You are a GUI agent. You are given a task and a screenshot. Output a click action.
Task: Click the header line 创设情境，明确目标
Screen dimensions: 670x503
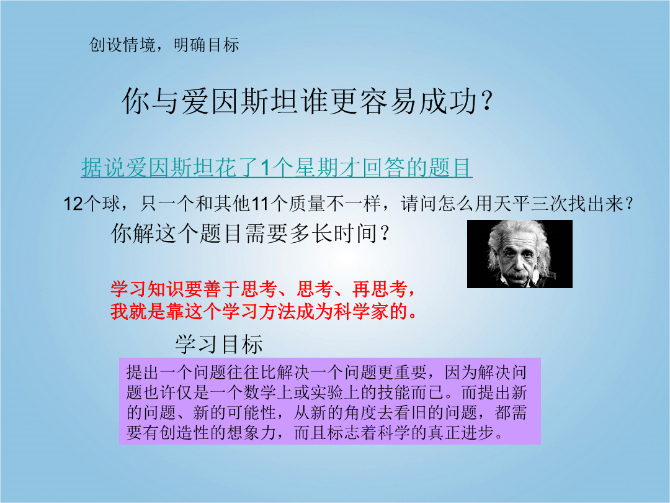coord(164,45)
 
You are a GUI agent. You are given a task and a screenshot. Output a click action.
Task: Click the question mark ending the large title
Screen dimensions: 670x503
coord(487,101)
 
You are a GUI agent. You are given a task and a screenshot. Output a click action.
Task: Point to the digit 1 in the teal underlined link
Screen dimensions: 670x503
coord(265,168)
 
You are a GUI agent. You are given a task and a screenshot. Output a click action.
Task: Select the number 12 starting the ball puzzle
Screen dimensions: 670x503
coord(73,204)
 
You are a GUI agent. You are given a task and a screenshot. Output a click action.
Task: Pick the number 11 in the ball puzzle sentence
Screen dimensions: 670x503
coord(260,204)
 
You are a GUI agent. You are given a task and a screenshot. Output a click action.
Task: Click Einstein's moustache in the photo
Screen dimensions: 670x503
coord(518,274)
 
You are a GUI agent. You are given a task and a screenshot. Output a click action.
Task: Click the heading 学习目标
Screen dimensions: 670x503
coord(219,344)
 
